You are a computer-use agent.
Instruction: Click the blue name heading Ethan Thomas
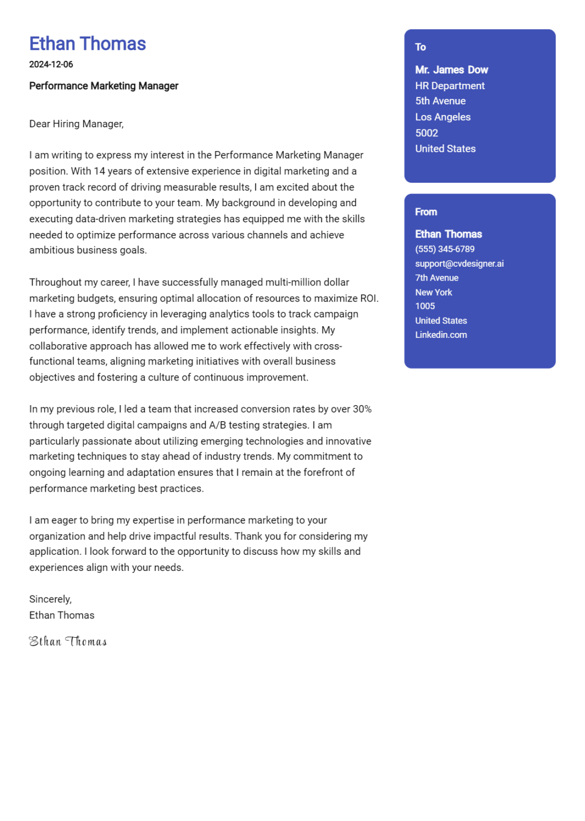point(87,44)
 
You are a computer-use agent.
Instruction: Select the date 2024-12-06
point(51,64)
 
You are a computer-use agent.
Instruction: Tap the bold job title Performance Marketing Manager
point(104,86)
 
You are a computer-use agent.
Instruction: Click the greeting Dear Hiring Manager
point(76,124)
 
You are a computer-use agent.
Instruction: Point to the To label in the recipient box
point(420,47)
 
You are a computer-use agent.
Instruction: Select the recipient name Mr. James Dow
point(451,70)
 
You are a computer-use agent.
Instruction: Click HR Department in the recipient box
point(450,86)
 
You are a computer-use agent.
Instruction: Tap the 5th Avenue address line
point(440,101)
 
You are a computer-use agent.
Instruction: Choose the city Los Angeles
point(443,117)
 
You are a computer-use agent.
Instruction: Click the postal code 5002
point(426,133)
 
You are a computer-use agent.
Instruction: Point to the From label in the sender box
point(426,212)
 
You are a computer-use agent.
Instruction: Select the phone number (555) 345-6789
point(444,249)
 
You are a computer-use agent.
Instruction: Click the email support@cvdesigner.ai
point(459,264)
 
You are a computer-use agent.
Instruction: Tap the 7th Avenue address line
point(436,278)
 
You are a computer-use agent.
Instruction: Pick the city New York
point(433,292)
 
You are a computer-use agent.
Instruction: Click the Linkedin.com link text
point(441,335)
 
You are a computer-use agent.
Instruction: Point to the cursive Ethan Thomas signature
point(68,641)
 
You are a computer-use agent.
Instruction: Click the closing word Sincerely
point(50,599)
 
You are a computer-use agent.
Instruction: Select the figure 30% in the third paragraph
point(362,409)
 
